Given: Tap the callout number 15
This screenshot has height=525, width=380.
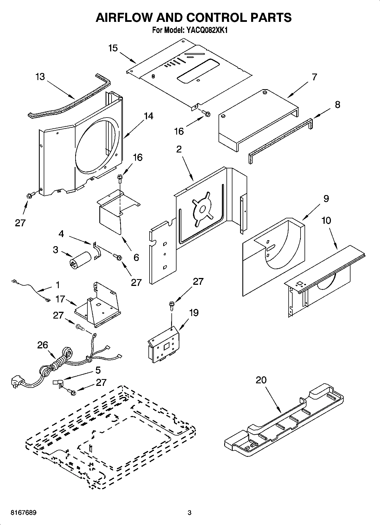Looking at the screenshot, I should tap(113, 48).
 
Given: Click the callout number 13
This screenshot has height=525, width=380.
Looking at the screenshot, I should tap(40, 77).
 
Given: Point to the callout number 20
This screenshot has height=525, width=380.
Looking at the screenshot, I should tap(261, 380).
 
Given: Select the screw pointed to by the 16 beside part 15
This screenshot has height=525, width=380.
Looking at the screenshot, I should tap(206, 113).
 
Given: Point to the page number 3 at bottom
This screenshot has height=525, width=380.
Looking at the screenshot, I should tap(190, 513).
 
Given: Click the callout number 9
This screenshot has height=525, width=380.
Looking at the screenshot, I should tap(326, 198).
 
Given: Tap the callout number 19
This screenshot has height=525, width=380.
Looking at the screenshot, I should tap(194, 313).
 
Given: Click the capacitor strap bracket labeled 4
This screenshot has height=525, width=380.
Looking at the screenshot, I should tap(96, 251).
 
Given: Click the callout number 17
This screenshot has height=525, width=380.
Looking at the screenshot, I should tap(60, 299).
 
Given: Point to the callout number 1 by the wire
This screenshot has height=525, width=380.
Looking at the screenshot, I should tap(58, 285).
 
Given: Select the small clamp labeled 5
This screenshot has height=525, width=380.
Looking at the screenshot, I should tap(58, 383).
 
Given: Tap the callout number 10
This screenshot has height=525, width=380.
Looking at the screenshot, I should tap(326, 220).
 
